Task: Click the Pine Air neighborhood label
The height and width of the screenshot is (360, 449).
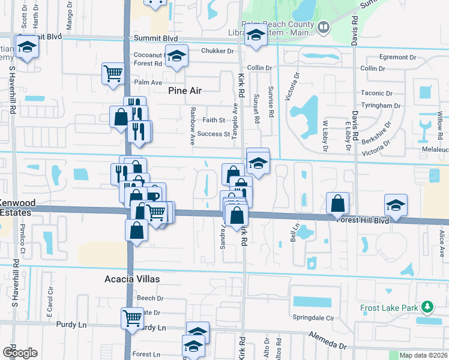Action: point(184,91)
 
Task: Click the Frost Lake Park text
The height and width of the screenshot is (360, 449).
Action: point(388,308)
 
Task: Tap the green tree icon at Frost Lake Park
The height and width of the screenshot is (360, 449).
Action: point(427,308)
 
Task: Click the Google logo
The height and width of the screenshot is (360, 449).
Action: point(20,352)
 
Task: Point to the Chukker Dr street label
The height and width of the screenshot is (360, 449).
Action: point(217,51)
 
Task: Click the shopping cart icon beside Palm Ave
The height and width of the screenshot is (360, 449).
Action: point(112,73)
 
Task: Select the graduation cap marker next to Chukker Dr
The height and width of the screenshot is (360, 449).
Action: point(176,56)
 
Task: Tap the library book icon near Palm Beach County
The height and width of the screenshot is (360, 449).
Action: point(323,27)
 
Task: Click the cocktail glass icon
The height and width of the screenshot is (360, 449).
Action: point(425,126)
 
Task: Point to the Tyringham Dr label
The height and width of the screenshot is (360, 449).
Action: point(381,105)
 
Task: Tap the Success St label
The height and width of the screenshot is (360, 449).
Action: point(214,134)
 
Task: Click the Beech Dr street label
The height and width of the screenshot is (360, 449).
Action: point(150,298)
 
